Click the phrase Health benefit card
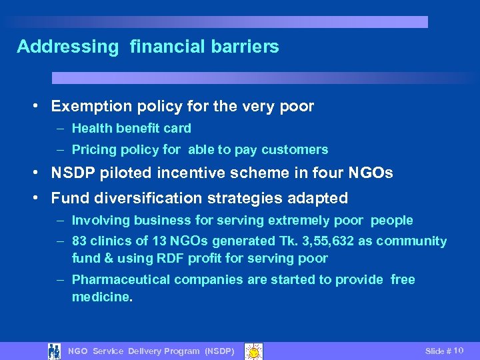tap(131, 128)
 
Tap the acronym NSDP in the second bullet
tap(71, 173)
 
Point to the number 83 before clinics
tap(80, 241)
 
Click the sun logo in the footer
tap(253, 351)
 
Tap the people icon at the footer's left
tap(55, 351)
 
